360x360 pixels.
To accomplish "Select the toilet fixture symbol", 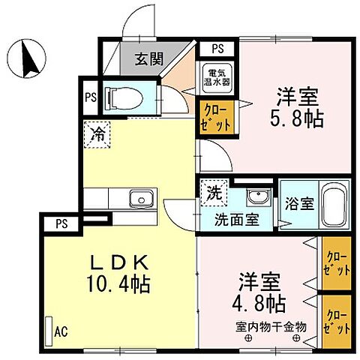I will pyautogui.click(x=127, y=97).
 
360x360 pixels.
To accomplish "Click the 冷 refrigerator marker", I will pyautogui.click(x=97, y=135).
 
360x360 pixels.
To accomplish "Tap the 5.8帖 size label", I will pyautogui.click(x=298, y=118).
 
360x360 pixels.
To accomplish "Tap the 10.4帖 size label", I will pyautogui.click(x=120, y=285).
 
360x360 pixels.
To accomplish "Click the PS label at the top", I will pyautogui.click(x=217, y=49).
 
